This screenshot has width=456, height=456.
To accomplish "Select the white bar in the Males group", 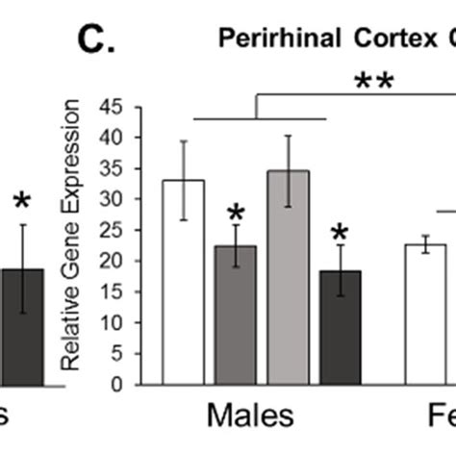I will coord(182,283).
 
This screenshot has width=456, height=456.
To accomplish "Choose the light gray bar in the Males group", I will coord(287,278).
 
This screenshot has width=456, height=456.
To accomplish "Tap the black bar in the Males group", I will coord(339,327).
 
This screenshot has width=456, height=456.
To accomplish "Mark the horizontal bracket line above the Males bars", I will coord(260,118).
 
